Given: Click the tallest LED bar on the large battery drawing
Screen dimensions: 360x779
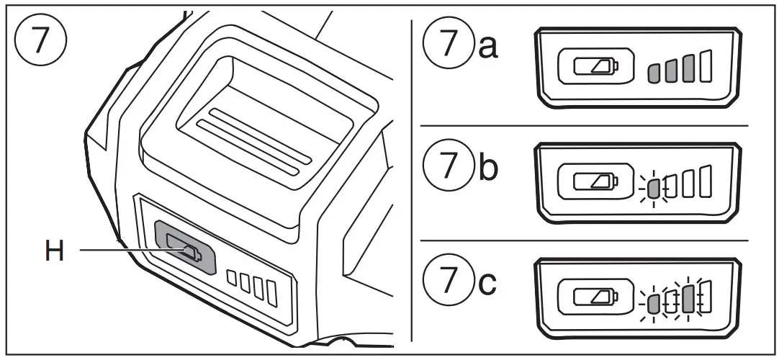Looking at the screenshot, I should pyautogui.click(x=271, y=291).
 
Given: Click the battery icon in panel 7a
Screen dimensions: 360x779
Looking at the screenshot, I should pyautogui.click(x=595, y=68).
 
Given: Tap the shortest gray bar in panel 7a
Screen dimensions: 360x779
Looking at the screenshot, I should pyautogui.click(x=653, y=72).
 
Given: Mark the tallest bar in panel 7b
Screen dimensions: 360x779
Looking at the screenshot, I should pyautogui.click(x=705, y=182).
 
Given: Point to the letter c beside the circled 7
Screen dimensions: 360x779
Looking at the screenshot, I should pyautogui.click(x=487, y=282).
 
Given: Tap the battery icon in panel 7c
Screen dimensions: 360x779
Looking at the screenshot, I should pyautogui.click(x=595, y=297).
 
